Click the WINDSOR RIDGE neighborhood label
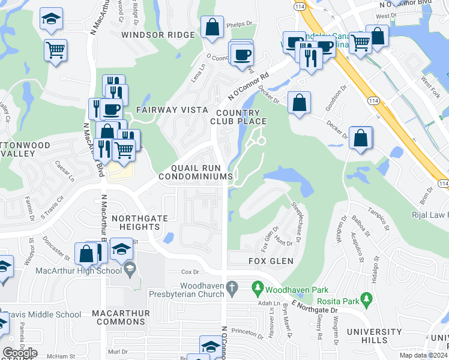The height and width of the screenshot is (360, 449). (x=158, y=35)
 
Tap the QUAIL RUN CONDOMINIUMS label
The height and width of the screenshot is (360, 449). (x=196, y=172)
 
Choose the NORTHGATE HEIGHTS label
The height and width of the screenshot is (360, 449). (x=127, y=223)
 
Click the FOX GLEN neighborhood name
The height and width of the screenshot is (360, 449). (x=271, y=261)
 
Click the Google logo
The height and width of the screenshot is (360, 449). (x=20, y=352)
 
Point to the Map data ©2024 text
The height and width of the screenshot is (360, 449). (x=423, y=355)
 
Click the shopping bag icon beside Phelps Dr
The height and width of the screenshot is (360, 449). (x=212, y=27)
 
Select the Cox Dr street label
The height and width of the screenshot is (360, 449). (x=190, y=272)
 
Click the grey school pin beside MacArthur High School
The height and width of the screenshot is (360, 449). (x=130, y=271)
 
